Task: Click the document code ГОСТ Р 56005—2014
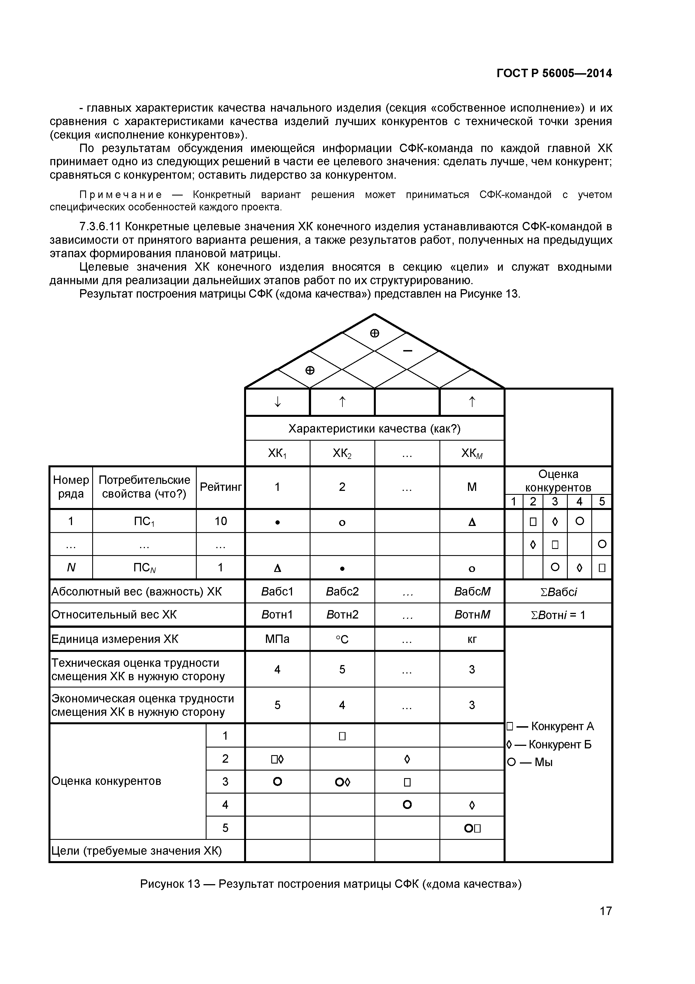point(554,73)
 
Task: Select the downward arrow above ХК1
point(277,402)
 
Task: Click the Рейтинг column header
point(221,487)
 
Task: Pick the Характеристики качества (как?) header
point(374,429)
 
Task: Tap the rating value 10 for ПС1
point(221,521)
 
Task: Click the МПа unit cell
point(277,639)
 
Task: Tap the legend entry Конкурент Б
point(549,744)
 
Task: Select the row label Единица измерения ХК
point(115,639)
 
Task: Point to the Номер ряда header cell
point(71,487)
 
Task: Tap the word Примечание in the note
point(121,195)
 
